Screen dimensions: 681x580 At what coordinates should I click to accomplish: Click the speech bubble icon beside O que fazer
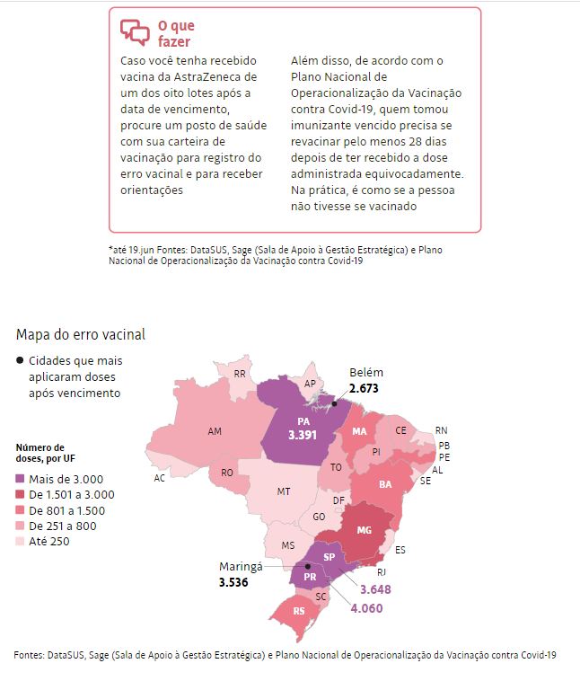click(135, 32)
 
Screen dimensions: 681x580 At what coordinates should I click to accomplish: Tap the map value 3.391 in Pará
click(303, 434)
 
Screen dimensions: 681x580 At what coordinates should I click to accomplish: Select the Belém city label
click(365, 373)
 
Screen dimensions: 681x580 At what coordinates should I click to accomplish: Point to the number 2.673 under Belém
click(365, 388)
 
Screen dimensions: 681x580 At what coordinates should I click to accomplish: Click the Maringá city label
click(241, 567)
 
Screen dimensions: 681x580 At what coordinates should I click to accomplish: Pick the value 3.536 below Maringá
click(233, 582)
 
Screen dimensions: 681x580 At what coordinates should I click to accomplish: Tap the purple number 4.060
click(366, 607)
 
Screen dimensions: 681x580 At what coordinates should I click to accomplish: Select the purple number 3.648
click(376, 589)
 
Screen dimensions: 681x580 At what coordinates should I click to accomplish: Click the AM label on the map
click(215, 431)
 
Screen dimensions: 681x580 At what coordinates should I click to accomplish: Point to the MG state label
click(364, 530)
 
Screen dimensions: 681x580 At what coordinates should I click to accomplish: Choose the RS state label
click(298, 611)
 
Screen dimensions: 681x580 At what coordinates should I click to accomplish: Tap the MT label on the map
click(284, 491)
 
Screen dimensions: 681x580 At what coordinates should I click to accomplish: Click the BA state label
click(386, 484)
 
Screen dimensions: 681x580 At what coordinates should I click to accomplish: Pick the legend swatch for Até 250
click(21, 541)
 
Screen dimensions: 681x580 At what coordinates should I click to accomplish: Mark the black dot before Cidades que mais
click(20, 361)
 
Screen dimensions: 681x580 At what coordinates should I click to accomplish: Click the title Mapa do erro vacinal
click(80, 334)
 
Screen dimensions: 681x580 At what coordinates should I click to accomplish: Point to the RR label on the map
click(240, 373)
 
